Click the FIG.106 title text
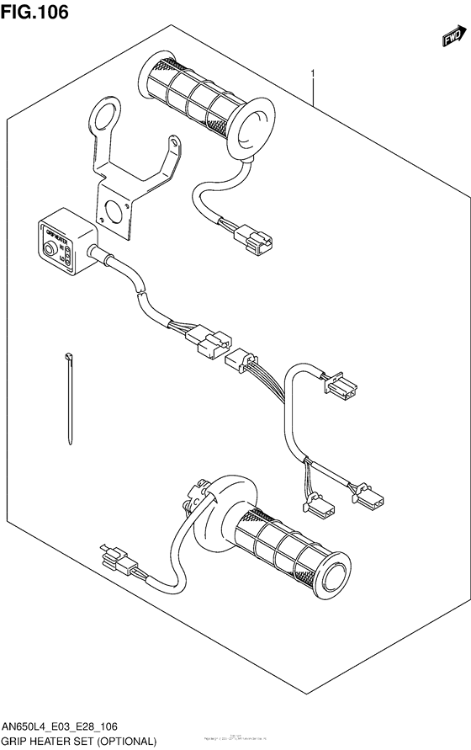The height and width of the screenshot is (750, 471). (35, 12)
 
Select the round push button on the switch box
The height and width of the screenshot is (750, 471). (50, 249)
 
